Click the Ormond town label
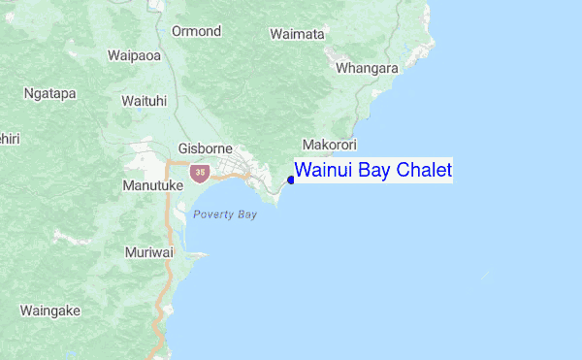(197, 31)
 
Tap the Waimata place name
(297, 34)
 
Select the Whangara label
(367, 69)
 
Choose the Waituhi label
(145, 101)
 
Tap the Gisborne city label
(206, 149)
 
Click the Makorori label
(330, 145)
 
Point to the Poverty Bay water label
(224, 214)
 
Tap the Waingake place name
(49, 311)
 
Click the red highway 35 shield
(199, 173)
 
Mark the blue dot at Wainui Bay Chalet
(291, 180)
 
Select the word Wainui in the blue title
(323, 171)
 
